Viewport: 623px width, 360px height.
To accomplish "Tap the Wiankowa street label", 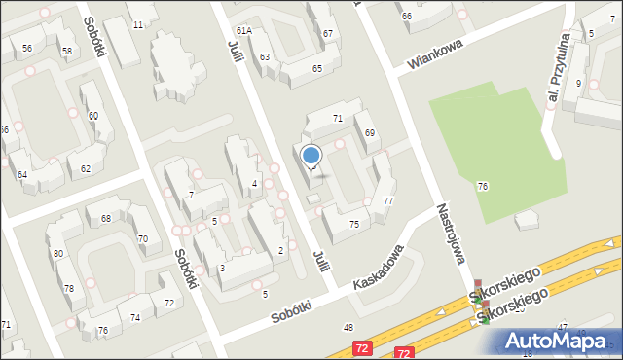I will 436,54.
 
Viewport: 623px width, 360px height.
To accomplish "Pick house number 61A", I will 243,31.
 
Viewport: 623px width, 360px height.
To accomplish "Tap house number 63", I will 264,57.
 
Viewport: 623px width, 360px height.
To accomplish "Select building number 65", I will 317,68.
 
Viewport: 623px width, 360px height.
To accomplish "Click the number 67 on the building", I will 328,34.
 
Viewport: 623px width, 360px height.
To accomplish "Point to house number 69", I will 370,132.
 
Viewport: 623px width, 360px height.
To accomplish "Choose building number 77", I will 387,200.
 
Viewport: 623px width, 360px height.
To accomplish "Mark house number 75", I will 354,225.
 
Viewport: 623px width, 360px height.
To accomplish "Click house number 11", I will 138,24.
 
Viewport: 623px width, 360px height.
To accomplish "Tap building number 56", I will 27,49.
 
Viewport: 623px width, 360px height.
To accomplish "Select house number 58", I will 66,51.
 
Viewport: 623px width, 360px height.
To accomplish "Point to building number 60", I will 92,116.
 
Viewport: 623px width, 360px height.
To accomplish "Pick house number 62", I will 86,169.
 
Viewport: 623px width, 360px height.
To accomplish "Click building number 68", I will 105,218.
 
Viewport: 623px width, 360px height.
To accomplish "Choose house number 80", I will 58,254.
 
